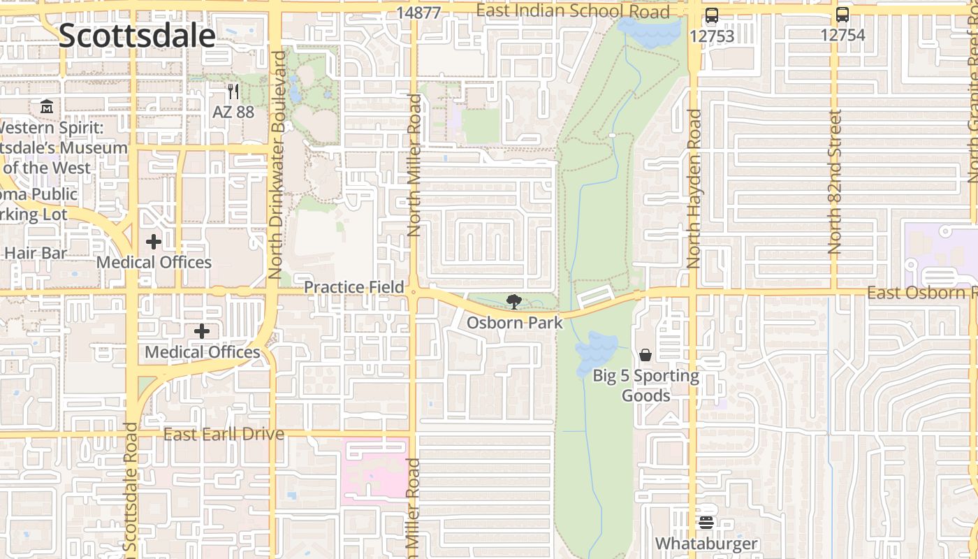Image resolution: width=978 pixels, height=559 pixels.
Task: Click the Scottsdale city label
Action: (x=137, y=35)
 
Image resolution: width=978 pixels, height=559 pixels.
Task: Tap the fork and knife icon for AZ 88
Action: (x=233, y=92)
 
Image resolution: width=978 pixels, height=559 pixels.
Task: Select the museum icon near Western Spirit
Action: (x=47, y=107)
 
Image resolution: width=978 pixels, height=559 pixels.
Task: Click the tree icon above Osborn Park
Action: (x=514, y=302)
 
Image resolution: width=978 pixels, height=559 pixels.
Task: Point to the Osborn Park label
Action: (x=514, y=323)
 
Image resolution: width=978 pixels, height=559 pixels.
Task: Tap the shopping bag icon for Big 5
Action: (x=645, y=355)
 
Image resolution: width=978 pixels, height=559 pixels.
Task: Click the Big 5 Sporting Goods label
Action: (x=645, y=386)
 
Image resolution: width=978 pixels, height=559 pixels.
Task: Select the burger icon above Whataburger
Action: (x=706, y=522)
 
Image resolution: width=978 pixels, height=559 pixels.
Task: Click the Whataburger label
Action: (x=706, y=544)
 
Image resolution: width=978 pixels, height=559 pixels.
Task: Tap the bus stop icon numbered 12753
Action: (x=712, y=15)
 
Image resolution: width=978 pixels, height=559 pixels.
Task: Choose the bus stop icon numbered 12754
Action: (x=842, y=15)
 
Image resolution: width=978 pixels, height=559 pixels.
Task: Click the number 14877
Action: (x=418, y=13)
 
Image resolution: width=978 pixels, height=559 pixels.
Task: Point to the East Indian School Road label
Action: (x=573, y=11)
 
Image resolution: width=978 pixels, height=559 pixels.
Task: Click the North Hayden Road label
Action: (x=694, y=189)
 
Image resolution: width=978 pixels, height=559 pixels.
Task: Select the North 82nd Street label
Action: (x=835, y=182)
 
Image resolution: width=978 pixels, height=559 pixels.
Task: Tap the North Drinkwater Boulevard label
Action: (x=277, y=164)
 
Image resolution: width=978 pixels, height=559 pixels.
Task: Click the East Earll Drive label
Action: (x=224, y=435)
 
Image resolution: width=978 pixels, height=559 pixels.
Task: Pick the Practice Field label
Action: (x=354, y=287)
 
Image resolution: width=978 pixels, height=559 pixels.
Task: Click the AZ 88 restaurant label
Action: (x=233, y=112)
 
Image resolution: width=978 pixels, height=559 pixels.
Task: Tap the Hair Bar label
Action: (x=35, y=253)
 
